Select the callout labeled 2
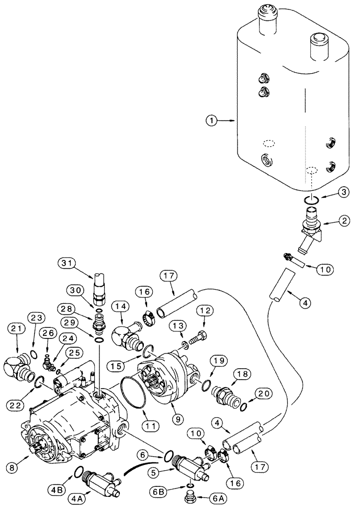click(330, 222)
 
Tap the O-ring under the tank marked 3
click(312, 199)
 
